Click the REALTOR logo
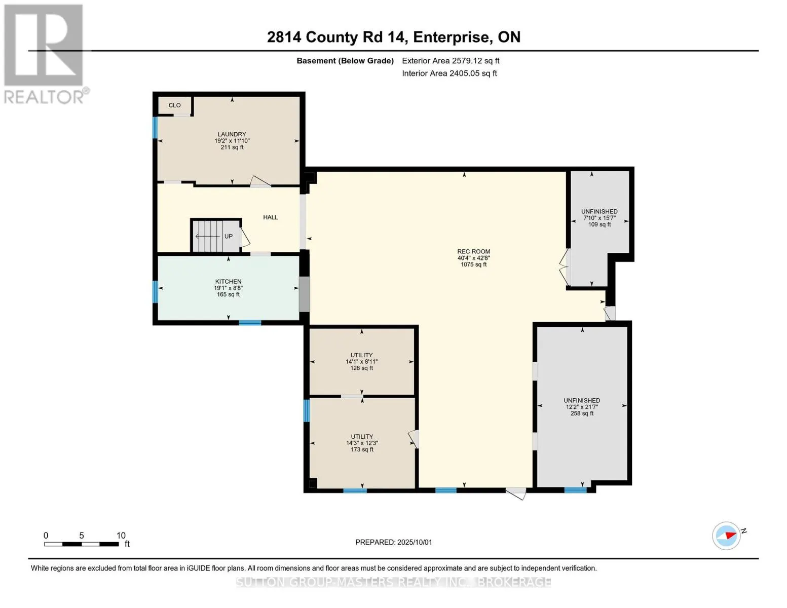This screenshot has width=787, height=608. pos(45,54)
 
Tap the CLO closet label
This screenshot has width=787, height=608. pos(174,105)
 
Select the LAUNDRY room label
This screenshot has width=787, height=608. pos(232,134)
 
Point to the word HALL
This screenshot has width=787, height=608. pos(271,217)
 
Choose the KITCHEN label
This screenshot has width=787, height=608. pos(228,282)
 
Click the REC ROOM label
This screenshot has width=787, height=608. pos(474,252)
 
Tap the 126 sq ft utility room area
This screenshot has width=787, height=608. pos(361,361)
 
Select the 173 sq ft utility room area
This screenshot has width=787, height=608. pos(362,442)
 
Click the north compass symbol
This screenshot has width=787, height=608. pos(727,536)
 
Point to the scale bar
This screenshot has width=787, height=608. pos(82,544)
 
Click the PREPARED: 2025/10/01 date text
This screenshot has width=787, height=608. pos(394,542)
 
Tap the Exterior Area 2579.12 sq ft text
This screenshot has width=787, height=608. pos(451,61)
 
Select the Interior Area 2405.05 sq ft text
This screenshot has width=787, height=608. pos(449,73)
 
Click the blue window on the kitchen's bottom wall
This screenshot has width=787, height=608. pos(250,323)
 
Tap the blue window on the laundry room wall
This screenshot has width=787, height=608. pos(155,127)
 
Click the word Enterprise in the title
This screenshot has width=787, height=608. pos(451,37)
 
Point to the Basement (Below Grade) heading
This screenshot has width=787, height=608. pos(345,61)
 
